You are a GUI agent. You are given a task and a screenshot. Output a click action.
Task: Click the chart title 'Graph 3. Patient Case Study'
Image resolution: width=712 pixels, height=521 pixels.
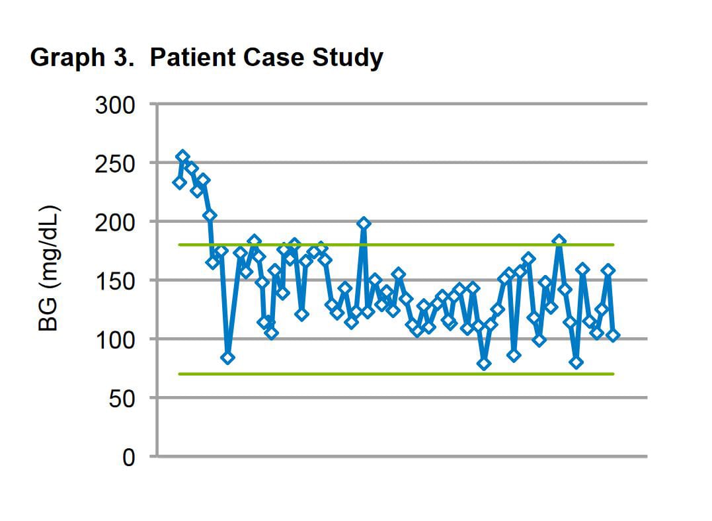206,58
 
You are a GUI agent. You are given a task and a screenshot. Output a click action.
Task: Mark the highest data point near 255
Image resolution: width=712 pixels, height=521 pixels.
183,157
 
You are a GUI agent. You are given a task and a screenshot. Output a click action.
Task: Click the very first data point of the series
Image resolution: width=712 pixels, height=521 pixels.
179,182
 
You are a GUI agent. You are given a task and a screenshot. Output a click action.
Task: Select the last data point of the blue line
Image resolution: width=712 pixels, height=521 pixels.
613,335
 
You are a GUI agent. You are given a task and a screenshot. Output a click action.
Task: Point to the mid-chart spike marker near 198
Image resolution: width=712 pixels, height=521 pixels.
364,223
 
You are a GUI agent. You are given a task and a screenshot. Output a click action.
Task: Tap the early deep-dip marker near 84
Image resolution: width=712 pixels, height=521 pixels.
228,358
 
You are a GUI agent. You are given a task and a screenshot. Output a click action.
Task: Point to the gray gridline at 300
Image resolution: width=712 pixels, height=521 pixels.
397,104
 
